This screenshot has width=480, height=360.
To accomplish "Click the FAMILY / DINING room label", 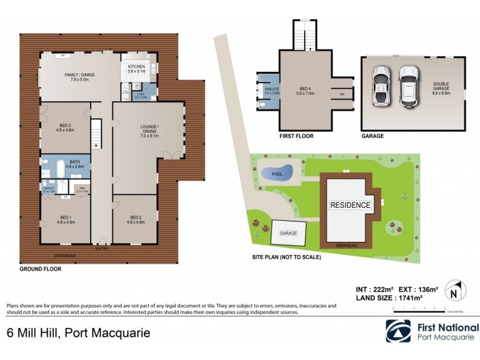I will tap(79, 76).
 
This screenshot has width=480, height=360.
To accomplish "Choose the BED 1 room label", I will tap(65, 220).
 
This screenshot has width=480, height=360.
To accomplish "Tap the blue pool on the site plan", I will tap(277, 172).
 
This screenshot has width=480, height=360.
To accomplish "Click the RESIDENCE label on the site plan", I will tap(350, 205).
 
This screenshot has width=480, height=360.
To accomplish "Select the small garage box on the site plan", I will tap(289, 233).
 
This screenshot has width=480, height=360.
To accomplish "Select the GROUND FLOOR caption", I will tap(40, 269).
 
